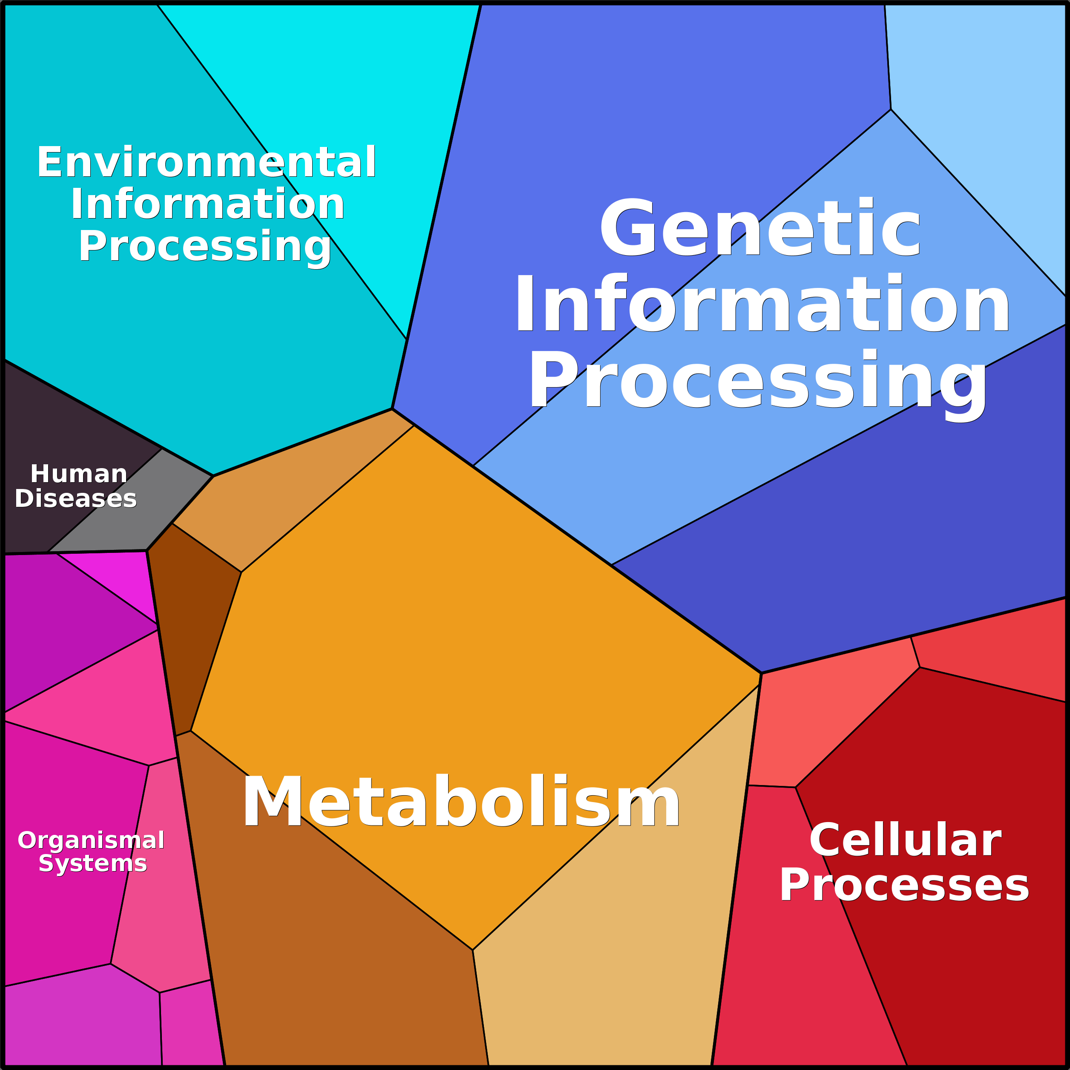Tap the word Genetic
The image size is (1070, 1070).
click(x=760, y=229)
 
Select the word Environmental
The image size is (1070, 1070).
click(x=207, y=163)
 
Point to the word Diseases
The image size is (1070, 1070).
click(x=76, y=498)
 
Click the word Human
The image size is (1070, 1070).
click(x=79, y=474)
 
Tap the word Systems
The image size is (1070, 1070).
click(x=92, y=863)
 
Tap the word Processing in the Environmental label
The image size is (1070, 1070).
click(x=205, y=247)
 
